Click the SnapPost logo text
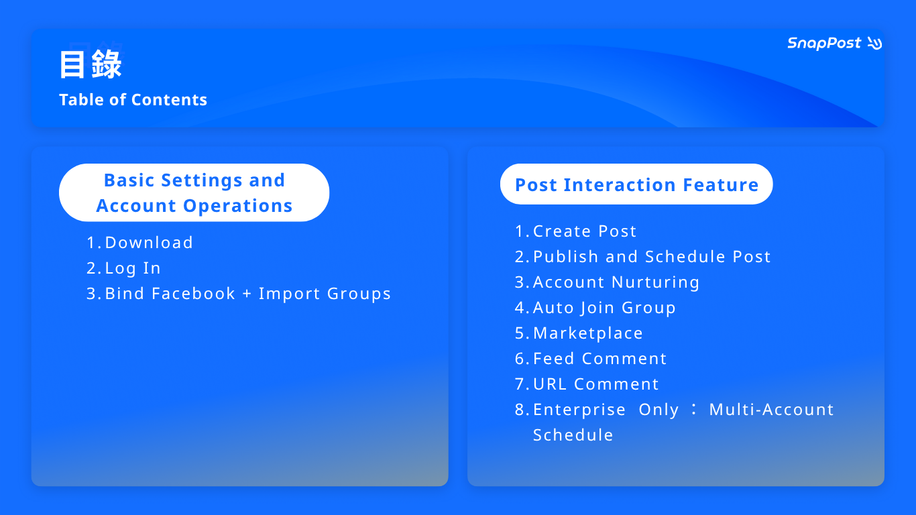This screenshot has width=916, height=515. point(824,44)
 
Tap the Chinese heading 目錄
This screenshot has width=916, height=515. point(91,64)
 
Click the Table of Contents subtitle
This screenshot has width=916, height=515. point(133,100)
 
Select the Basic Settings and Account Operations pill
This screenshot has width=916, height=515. point(194,192)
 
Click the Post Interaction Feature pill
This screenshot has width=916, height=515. point(636,184)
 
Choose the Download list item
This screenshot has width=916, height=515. point(140,243)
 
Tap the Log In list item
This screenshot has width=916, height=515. point(123,268)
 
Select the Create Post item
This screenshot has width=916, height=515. point(575,231)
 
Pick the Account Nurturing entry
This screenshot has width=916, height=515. point(607,282)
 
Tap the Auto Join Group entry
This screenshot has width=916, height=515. point(595,308)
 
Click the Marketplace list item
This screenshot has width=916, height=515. point(579,333)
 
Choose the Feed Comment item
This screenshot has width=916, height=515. point(591,359)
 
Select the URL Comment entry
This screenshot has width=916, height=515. point(587,384)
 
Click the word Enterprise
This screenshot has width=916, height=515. point(579,410)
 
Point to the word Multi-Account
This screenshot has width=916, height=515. point(771,410)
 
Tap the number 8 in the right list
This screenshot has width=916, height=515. point(520,410)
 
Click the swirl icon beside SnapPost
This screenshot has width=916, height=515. point(874,44)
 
